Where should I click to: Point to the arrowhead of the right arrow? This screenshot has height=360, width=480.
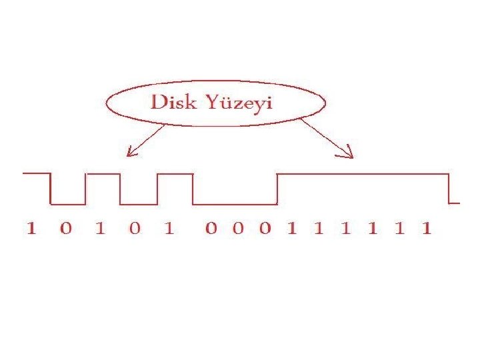(x=349, y=156)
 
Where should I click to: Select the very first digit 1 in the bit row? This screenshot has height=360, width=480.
(x=31, y=229)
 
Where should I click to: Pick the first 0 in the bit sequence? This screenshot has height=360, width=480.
(x=65, y=229)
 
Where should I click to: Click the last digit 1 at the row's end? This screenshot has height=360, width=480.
(x=427, y=229)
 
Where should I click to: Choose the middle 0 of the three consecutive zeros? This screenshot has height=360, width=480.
(x=238, y=229)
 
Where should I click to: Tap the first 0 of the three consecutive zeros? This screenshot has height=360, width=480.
(x=211, y=229)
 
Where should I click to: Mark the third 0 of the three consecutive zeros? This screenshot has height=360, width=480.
(x=265, y=229)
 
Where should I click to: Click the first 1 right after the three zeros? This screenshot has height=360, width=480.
(x=291, y=229)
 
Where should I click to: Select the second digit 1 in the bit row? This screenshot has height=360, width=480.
(x=100, y=229)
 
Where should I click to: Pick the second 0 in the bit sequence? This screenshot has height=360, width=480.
(x=135, y=229)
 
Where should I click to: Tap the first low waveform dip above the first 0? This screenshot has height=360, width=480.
(x=68, y=204)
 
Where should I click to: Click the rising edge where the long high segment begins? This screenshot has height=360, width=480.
(x=277, y=189)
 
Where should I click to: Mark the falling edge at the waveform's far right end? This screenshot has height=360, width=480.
(x=449, y=189)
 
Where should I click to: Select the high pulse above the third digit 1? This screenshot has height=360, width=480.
(x=175, y=174)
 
